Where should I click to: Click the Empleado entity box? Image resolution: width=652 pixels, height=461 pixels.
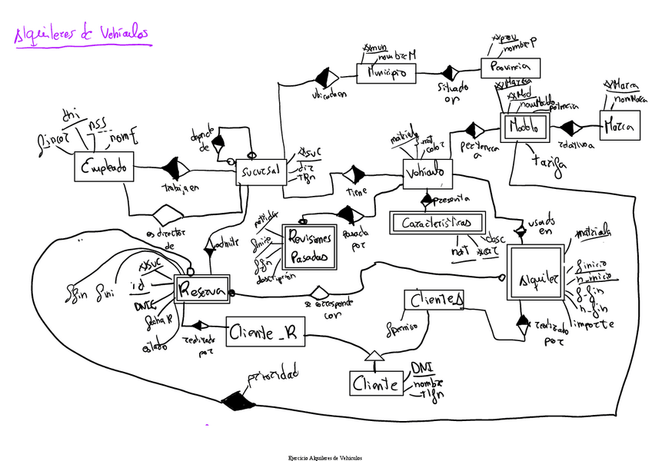105,166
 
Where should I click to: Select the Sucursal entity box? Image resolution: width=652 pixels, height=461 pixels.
261,171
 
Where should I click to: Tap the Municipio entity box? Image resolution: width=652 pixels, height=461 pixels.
386,73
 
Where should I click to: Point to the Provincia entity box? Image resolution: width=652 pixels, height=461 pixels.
511,68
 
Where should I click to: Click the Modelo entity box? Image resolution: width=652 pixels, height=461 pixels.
525,125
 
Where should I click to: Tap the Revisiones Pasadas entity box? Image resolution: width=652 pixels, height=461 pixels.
311,247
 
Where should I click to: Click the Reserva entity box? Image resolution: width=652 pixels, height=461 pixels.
201,289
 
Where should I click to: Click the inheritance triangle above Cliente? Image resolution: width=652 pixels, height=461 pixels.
373,355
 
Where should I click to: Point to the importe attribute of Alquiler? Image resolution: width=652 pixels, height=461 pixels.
594,324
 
